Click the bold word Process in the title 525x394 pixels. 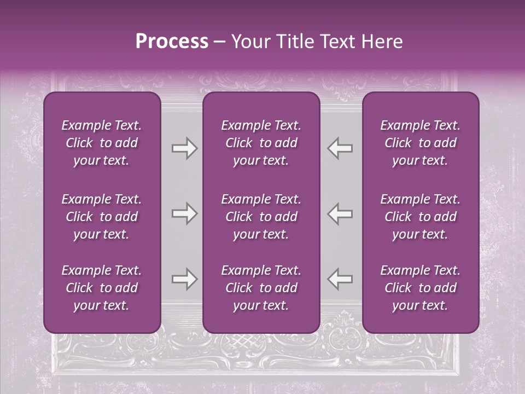point(172,42)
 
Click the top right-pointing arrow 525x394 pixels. point(184,148)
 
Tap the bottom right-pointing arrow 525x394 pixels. point(184,279)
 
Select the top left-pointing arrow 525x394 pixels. point(340,148)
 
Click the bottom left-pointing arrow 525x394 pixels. point(340,279)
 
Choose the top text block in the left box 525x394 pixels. point(102,143)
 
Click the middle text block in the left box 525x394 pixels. point(102,217)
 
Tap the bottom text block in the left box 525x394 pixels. point(102,288)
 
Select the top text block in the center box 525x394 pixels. point(261,143)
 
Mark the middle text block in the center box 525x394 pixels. point(261,217)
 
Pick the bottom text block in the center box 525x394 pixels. point(261,288)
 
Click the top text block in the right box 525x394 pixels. point(421,143)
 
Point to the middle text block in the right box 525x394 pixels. point(421,217)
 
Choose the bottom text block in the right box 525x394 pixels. point(421,288)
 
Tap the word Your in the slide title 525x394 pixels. point(248,42)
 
